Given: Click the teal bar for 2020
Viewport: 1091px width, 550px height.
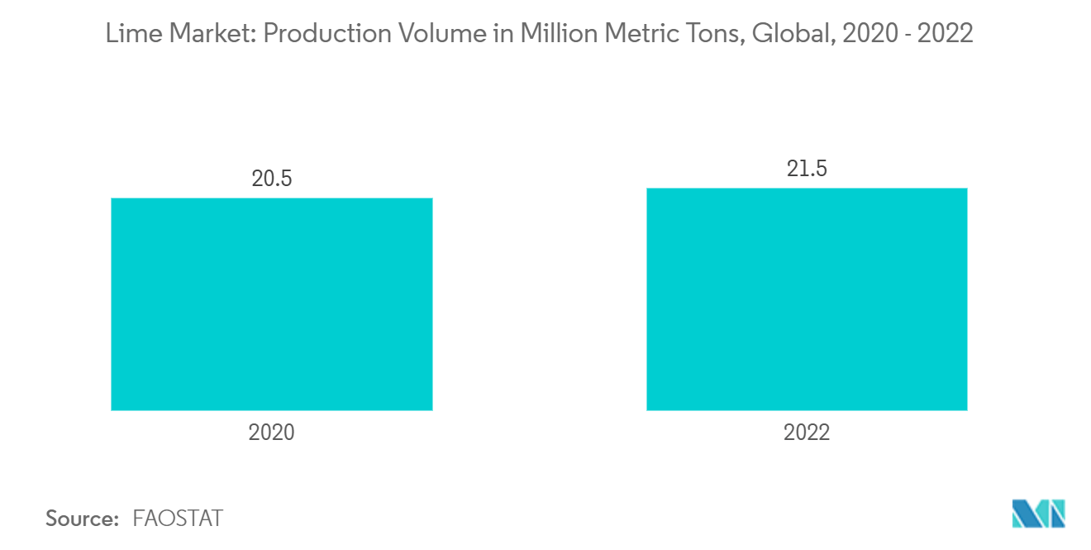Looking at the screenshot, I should coord(271,304).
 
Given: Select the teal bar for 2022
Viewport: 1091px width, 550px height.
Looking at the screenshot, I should coord(807,299).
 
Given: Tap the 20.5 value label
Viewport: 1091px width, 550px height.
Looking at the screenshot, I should coord(272,179).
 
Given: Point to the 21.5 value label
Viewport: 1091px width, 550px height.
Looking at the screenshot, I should coord(807,169).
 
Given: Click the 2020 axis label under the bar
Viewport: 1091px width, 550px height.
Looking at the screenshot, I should coord(271,433).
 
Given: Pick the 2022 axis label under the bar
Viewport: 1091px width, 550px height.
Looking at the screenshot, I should coord(807,433).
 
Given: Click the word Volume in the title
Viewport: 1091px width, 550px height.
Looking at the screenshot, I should coord(415,34).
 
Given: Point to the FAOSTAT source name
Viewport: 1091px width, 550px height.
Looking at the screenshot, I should coord(178,519).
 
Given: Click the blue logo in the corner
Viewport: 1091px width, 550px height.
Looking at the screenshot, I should coord(1039,514).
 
